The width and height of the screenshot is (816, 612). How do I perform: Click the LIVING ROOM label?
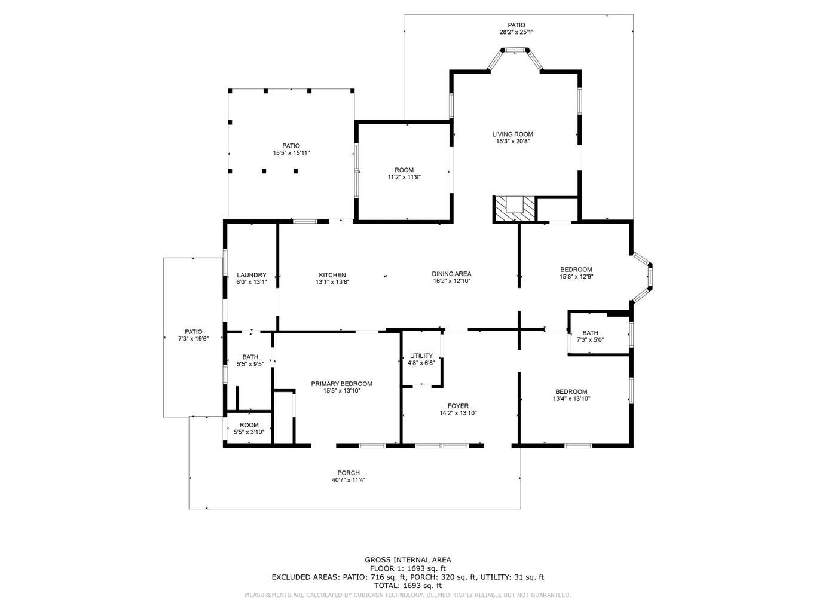[x=512, y=134]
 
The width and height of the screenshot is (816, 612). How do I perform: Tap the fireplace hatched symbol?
[x=514, y=209]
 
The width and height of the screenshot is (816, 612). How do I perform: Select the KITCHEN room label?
[x=332, y=275]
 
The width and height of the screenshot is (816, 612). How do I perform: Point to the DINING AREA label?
[x=451, y=274]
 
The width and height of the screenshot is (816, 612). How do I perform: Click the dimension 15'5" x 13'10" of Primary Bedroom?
[x=341, y=391]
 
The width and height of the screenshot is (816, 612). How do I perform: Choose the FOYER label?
[x=458, y=406]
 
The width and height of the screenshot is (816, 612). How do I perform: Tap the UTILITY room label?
[x=421, y=356]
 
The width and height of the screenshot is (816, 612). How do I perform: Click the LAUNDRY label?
[x=251, y=275]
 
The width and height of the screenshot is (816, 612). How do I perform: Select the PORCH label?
[x=348, y=473]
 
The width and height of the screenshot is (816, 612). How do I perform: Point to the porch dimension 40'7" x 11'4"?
[x=348, y=480]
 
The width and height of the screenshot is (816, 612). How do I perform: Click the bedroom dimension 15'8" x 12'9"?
[x=576, y=277]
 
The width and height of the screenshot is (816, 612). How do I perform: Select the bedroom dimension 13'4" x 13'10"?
[x=571, y=399]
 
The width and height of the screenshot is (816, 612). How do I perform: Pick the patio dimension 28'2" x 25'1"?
[x=516, y=33]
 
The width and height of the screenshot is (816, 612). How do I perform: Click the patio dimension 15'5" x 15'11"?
[x=291, y=153]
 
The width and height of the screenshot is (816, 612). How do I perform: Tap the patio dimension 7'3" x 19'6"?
[x=193, y=339]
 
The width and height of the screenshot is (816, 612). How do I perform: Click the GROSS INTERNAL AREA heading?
[x=408, y=560]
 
